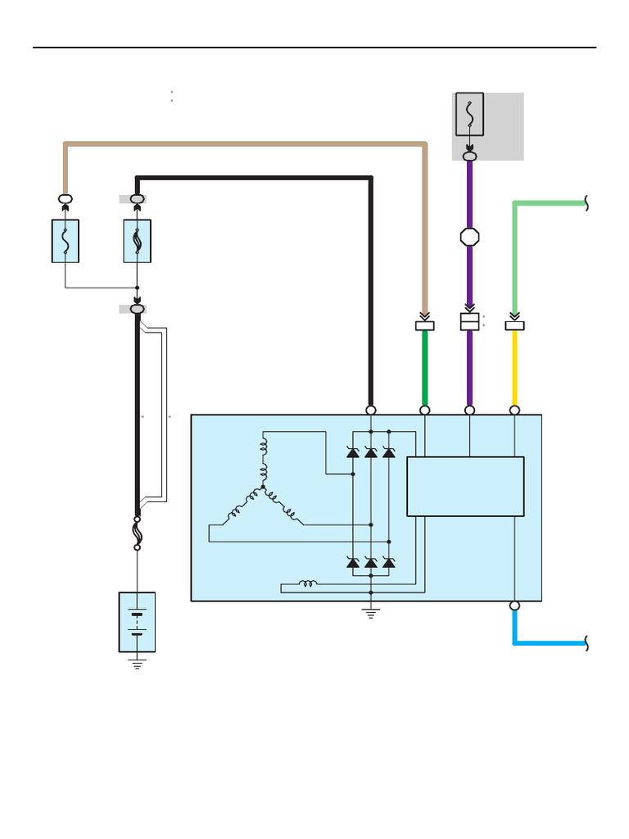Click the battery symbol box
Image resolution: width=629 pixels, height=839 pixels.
pyautogui.click(x=137, y=622)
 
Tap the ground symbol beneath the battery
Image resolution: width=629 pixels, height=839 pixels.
pyautogui.click(x=137, y=664)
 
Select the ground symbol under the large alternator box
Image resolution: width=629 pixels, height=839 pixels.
pyautogui.click(x=371, y=613)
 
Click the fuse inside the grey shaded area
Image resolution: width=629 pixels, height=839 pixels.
pyautogui.click(x=469, y=114)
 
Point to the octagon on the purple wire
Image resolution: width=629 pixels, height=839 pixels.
pyautogui.click(x=469, y=237)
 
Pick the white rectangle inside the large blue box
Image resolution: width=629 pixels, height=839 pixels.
pyautogui.click(x=465, y=486)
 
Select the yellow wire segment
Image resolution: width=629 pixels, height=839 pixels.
pyautogui.click(x=514, y=369)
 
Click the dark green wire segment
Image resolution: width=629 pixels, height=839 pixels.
pyautogui.click(x=425, y=369)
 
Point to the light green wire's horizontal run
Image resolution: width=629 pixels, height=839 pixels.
pyautogui.click(x=549, y=203)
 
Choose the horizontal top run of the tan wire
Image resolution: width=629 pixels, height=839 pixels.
pyautogui.click(x=246, y=144)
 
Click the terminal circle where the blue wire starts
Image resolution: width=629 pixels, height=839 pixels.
pyautogui.click(x=514, y=606)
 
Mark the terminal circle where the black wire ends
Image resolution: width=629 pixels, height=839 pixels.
pyautogui.click(x=371, y=410)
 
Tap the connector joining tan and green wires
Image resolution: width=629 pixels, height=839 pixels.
pyautogui.click(x=425, y=325)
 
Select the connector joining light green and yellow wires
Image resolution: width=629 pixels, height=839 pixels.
pyautogui.click(x=514, y=325)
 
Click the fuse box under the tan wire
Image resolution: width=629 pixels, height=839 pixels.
pyautogui.click(x=66, y=241)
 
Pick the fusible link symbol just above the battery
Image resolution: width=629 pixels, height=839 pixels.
pyautogui.click(x=137, y=533)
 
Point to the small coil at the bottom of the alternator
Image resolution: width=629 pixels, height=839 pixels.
pyautogui.click(x=308, y=584)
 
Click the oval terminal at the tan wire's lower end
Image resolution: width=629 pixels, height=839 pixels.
pyautogui.click(x=66, y=199)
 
